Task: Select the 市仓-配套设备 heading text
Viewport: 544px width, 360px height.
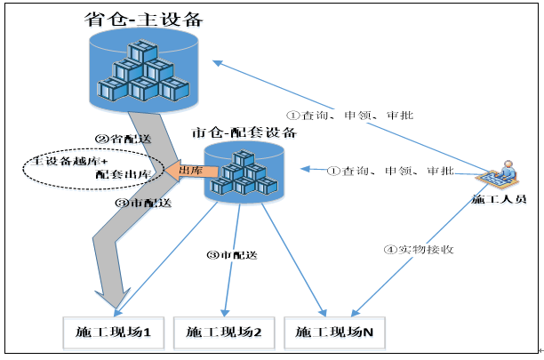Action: click(x=244, y=132)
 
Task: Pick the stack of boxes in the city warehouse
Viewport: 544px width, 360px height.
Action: click(x=244, y=172)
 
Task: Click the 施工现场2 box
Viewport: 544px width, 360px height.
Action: click(x=224, y=333)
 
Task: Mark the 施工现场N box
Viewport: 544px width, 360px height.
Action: click(x=334, y=333)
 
